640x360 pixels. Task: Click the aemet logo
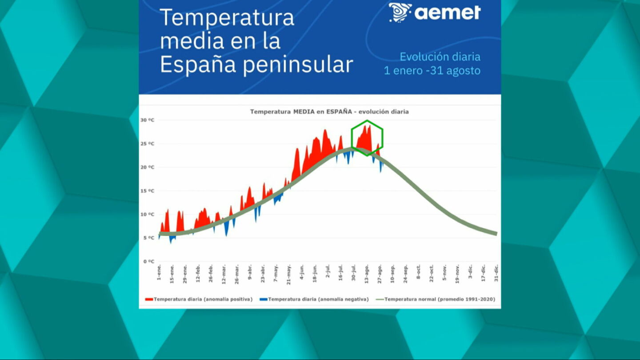435,12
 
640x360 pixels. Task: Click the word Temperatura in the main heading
227,18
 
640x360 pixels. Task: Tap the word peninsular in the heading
298,65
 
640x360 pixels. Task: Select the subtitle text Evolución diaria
440,57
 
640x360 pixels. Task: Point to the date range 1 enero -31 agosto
432,71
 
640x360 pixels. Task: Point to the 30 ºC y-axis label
147,120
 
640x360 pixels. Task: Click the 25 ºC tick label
147,144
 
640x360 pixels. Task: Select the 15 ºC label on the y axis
147,191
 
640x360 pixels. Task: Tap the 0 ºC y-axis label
148,261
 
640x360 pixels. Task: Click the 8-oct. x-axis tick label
418,272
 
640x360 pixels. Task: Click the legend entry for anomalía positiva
203,299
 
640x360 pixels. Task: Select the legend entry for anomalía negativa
318,299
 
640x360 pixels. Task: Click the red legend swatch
149,300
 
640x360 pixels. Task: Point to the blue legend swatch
264,300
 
